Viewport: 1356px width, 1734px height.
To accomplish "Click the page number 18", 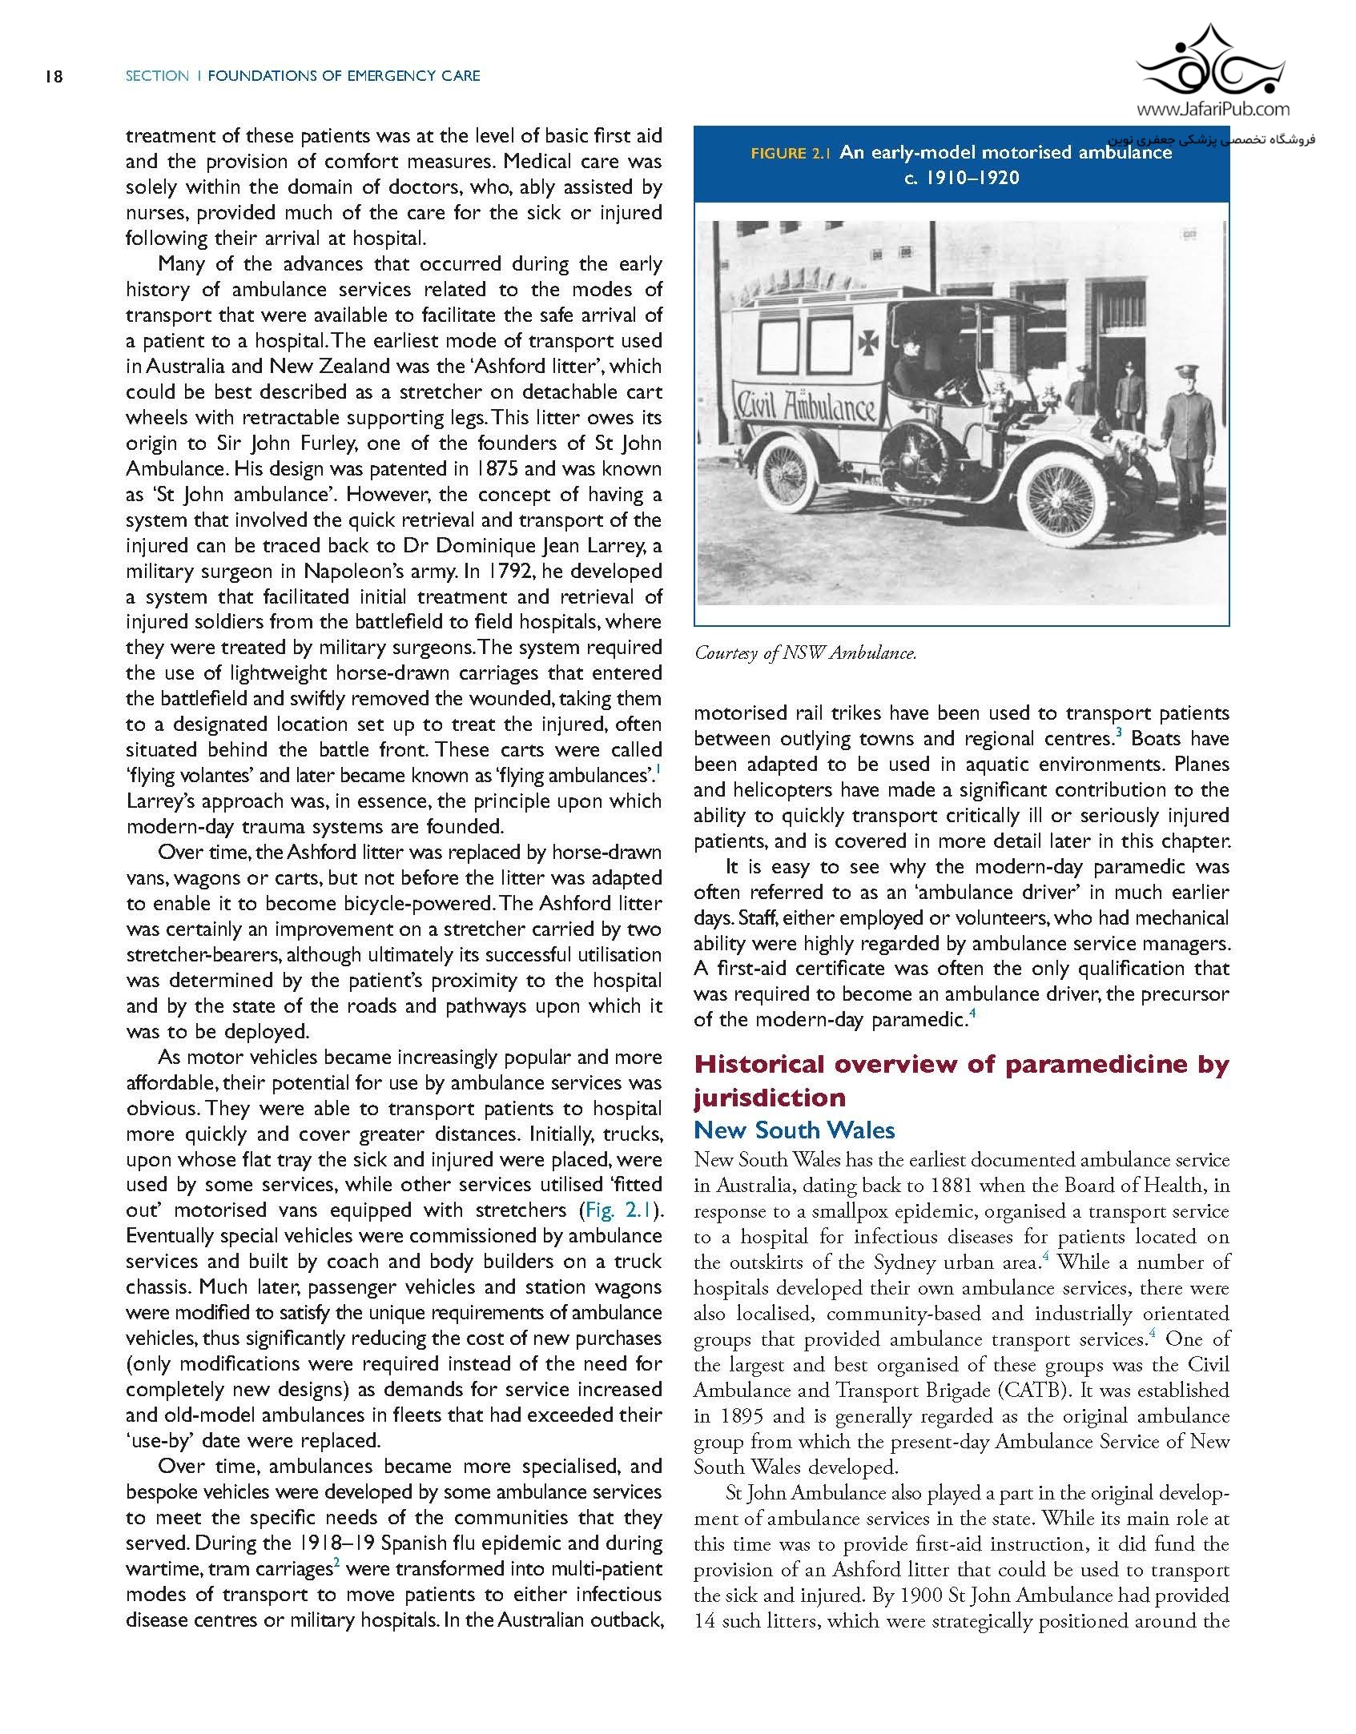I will coord(53,76).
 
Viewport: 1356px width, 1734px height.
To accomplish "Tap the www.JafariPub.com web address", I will coord(1212,110).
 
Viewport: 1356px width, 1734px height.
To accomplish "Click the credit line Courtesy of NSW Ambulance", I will coord(805,653).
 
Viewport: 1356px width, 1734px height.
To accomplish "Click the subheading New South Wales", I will coord(794,1130).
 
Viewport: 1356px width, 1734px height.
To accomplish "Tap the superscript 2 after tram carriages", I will coord(338,1563).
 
